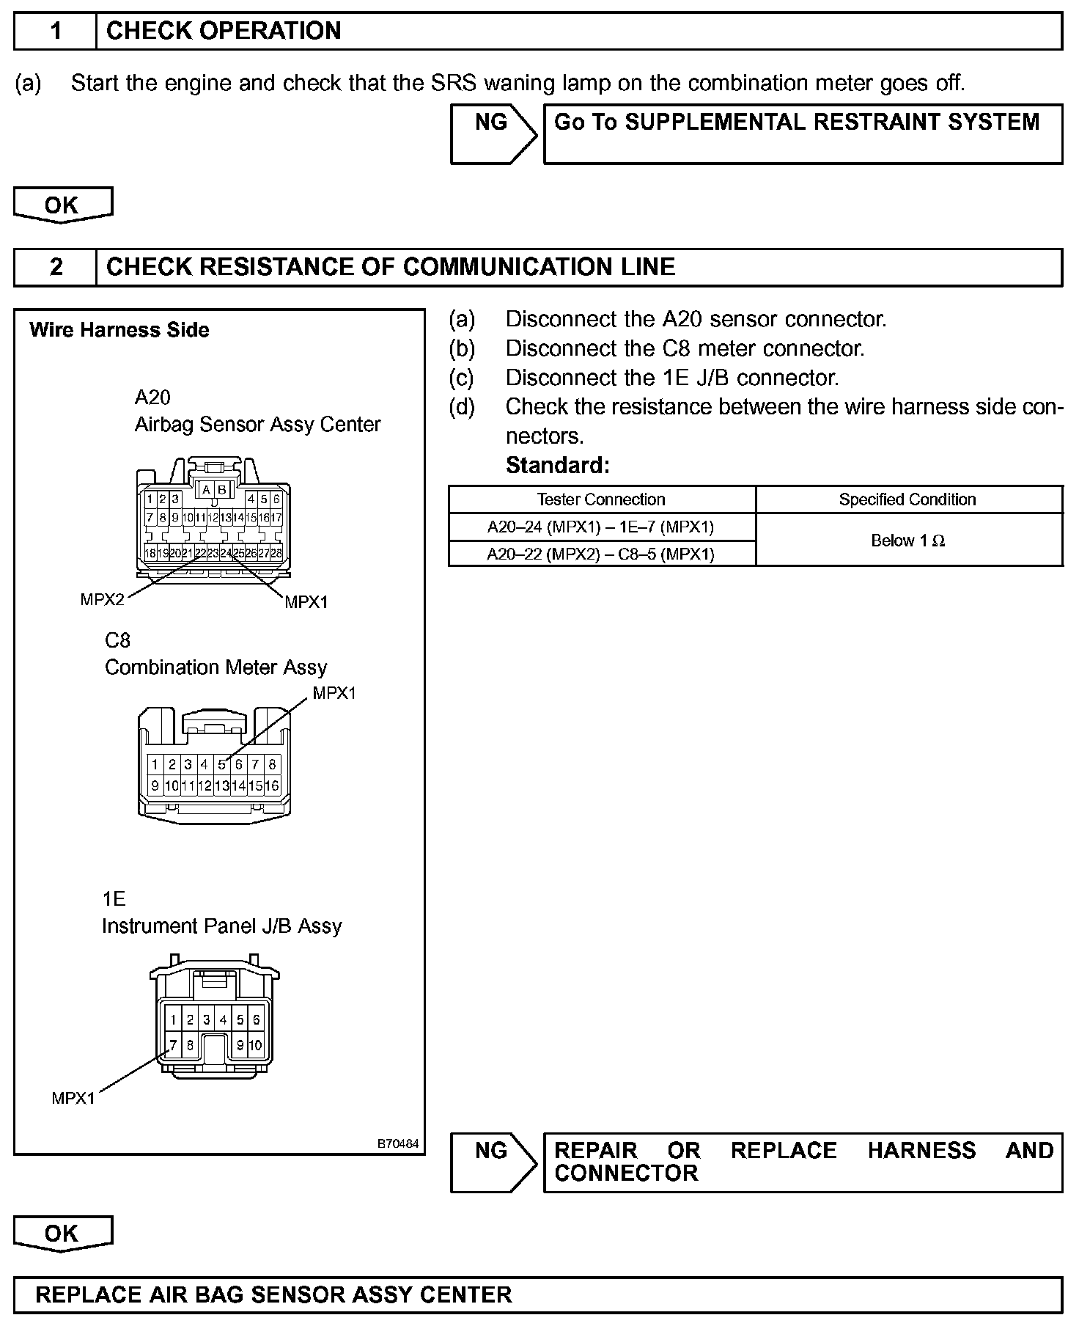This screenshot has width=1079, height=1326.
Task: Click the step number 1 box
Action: click(x=56, y=32)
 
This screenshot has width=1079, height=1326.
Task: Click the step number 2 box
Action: click(x=56, y=267)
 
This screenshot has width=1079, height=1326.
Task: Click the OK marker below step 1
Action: click(x=62, y=205)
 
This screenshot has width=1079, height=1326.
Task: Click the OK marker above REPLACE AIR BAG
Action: click(x=62, y=1233)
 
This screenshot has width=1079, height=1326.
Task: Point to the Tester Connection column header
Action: click(x=601, y=499)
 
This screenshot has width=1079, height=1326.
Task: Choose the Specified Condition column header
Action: click(x=907, y=499)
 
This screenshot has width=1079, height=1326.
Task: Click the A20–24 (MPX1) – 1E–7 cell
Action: click(x=601, y=527)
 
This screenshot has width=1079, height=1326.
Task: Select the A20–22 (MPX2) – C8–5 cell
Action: click(x=601, y=554)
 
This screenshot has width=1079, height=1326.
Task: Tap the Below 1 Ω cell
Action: click(x=907, y=541)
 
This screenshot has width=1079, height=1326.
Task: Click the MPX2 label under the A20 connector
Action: click(x=102, y=600)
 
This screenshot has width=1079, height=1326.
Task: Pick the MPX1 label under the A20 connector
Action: click(x=306, y=602)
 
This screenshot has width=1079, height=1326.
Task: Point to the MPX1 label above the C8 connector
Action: click(x=334, y=693)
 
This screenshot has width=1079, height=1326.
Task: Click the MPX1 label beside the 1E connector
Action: click(x=73, y=1098)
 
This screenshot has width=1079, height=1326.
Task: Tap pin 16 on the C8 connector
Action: click(x=272, y=785)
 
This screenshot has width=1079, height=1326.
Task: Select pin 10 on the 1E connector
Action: click(x=256, y=1045)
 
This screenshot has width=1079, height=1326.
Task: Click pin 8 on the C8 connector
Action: click(x=272, y=764)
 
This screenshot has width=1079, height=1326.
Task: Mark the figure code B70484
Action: click(x=398, y=1143)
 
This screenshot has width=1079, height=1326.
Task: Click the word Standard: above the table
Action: click(x=557, y=466)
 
